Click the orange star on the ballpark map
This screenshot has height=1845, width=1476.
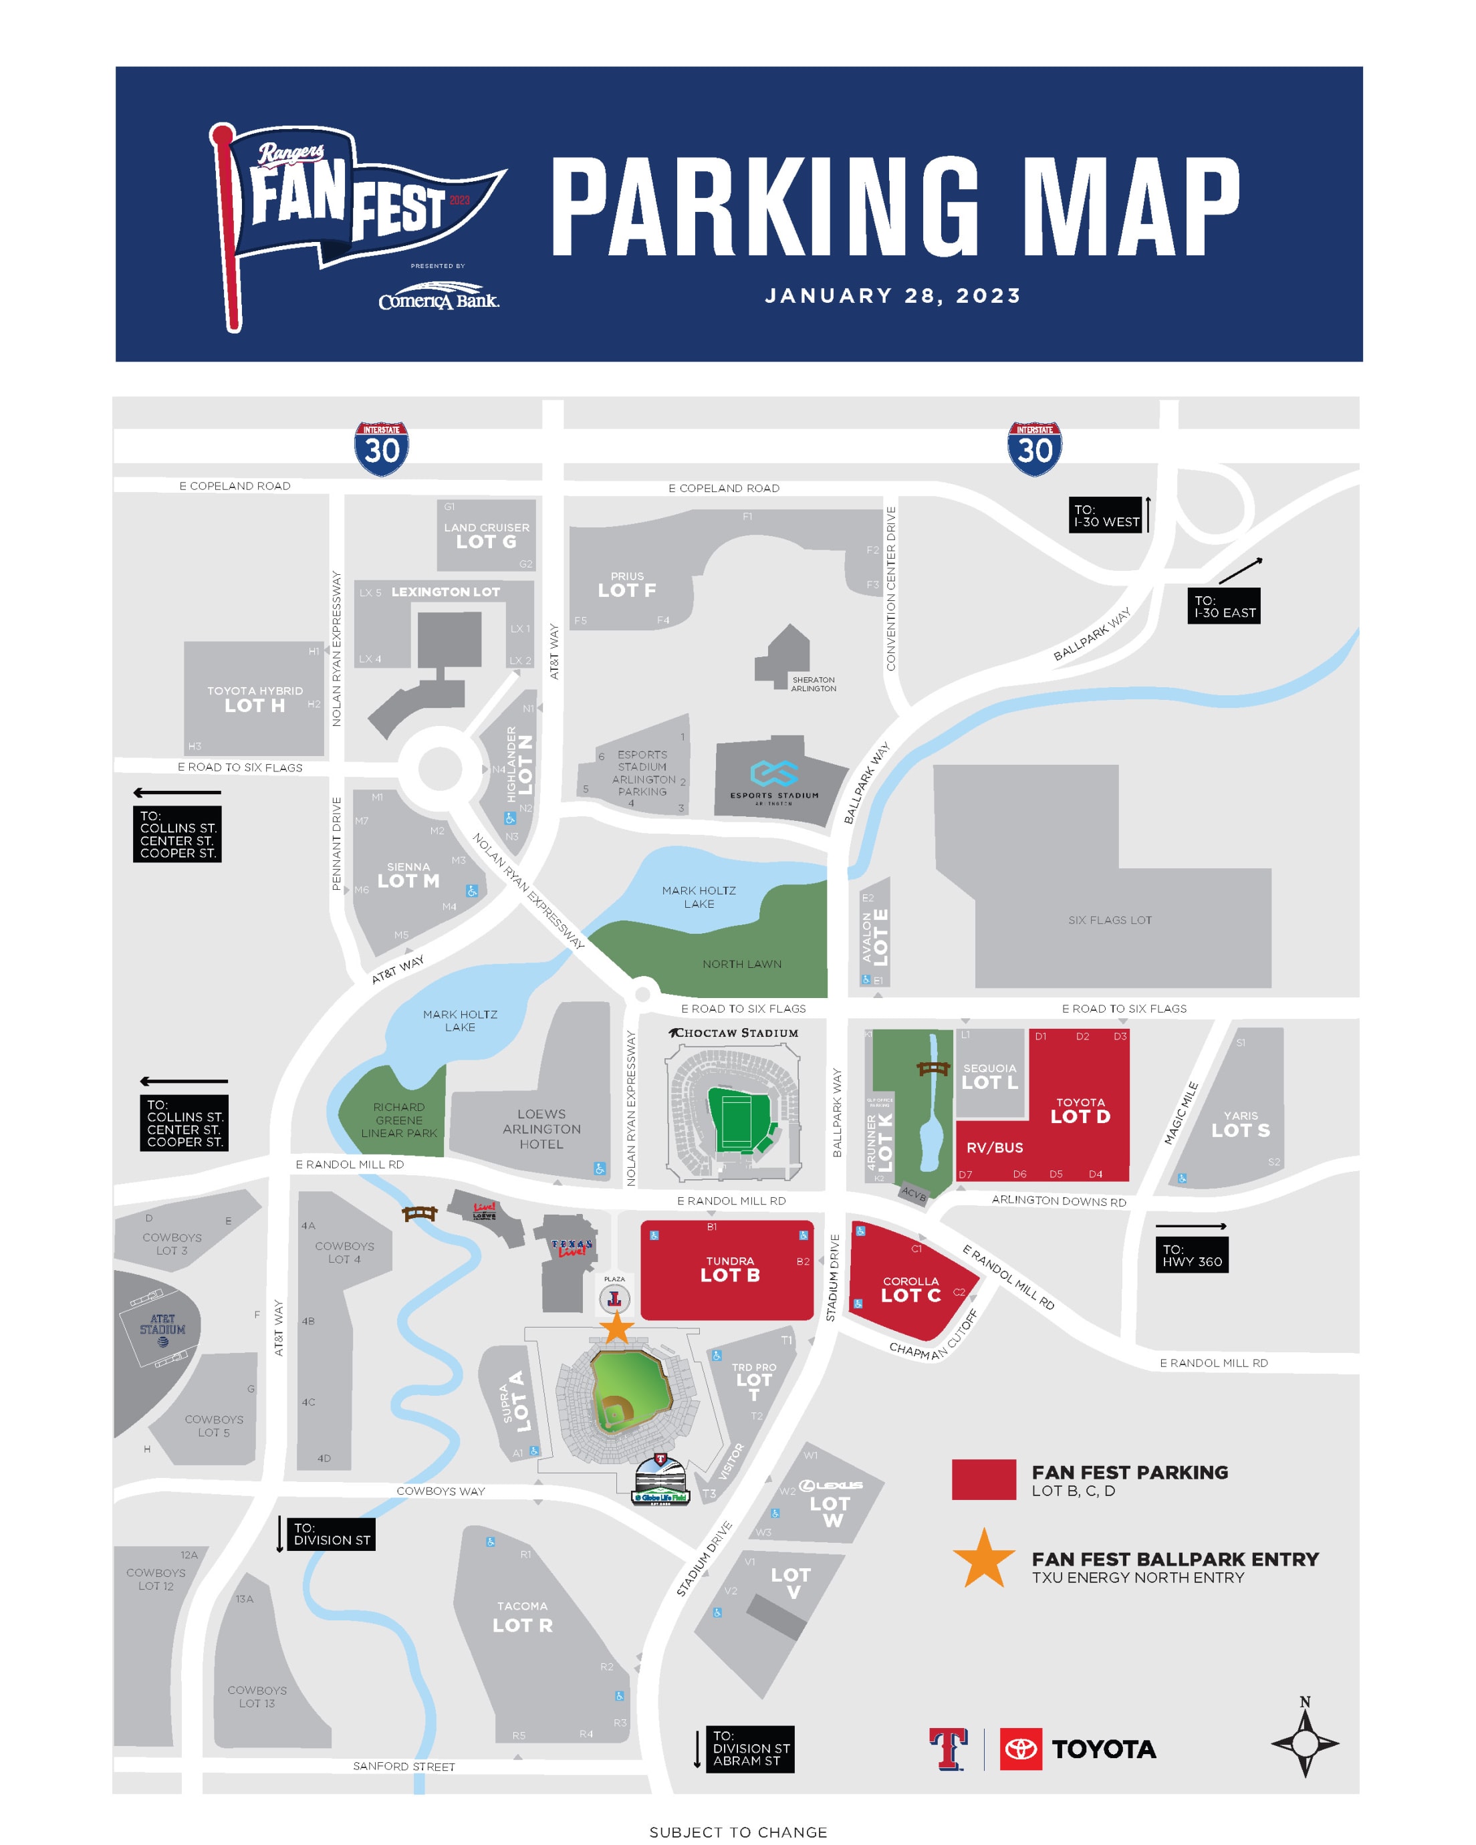click(616, 1328)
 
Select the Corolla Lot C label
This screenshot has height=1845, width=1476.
click(910, 1289)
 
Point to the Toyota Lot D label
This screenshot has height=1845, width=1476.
click(1080, 1111)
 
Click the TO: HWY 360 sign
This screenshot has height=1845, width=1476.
click(1192, 1255)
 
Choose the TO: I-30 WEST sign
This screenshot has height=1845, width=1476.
click(1106, 515)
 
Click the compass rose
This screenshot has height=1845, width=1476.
click(1304, 1741)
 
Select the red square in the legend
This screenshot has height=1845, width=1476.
click(984, 1479)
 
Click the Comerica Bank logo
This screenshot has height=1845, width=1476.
click(438, 300)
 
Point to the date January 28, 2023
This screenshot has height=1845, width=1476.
click(892, 296)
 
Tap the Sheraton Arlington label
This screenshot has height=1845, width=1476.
click(813, 684)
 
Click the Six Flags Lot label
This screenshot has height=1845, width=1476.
click(1110, 920)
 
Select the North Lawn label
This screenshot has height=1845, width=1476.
click(742, 963)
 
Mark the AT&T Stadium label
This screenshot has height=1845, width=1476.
click(162, 1325)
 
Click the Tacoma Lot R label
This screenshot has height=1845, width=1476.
click(522, 1616)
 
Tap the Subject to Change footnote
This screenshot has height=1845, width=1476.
click(737, 1832)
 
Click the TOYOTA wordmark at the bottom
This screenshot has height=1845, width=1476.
click(1103, 1749)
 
